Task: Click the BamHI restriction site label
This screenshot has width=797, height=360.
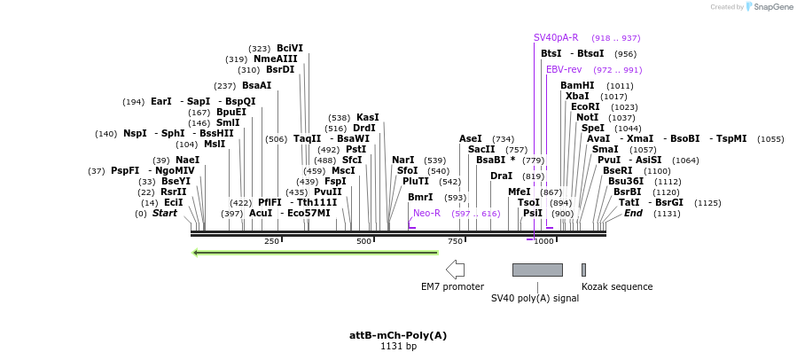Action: click(577, 86)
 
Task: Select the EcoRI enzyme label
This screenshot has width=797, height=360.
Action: click(585, 107)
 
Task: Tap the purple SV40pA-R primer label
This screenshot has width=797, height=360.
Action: click(556, 38)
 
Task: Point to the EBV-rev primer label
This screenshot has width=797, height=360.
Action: click(564, 69)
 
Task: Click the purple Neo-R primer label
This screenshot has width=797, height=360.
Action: click(426, 213)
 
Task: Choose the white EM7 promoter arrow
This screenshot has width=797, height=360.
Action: click(455, 270)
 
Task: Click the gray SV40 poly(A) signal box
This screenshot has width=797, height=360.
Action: click(537, 270)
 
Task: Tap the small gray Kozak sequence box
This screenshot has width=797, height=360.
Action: click(583, 270)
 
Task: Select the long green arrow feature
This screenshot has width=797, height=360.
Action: click(316, 253)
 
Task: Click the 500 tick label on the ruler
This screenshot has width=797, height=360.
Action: click(363, 241)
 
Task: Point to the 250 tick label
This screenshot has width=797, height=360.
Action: click(271, 241)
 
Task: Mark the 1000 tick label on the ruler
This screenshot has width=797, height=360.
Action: click(543, 241)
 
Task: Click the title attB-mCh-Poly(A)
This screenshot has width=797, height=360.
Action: click(398, 335)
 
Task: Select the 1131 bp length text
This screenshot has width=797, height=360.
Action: click(398, 347)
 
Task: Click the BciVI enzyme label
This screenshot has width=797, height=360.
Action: click(289, 49)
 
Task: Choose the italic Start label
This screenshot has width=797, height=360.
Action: click(165, 214)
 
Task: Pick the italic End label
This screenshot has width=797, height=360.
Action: click(633, 214)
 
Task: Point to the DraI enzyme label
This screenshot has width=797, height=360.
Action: click(502, 176)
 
